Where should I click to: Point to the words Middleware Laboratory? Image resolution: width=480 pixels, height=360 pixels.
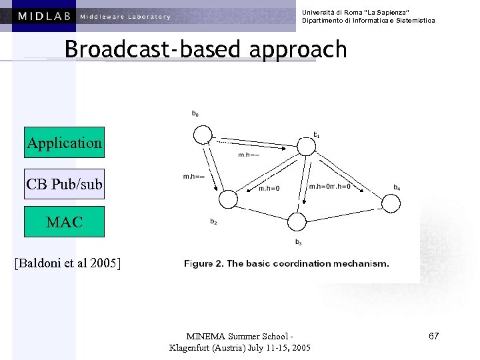pos(125,17)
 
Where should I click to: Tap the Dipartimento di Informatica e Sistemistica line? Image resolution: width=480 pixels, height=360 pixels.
pos(368,21)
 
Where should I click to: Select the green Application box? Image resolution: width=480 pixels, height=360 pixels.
pos(64,142)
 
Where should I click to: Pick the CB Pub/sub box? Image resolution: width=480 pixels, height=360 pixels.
pos(64,183)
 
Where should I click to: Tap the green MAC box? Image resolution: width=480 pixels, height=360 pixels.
pos(64,222)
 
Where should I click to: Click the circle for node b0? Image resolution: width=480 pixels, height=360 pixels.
pos(202,135)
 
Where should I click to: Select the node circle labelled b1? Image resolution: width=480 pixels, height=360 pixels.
pos(309,147)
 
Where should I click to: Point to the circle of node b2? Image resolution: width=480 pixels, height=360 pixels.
pos(229,199)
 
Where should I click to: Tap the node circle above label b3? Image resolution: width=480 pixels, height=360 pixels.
pos(297,222)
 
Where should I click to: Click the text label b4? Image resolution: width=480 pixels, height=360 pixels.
pos(397,188)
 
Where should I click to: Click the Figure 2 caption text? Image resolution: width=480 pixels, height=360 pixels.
pos(287,263)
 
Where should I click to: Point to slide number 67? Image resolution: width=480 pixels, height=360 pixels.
pos(433,335)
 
